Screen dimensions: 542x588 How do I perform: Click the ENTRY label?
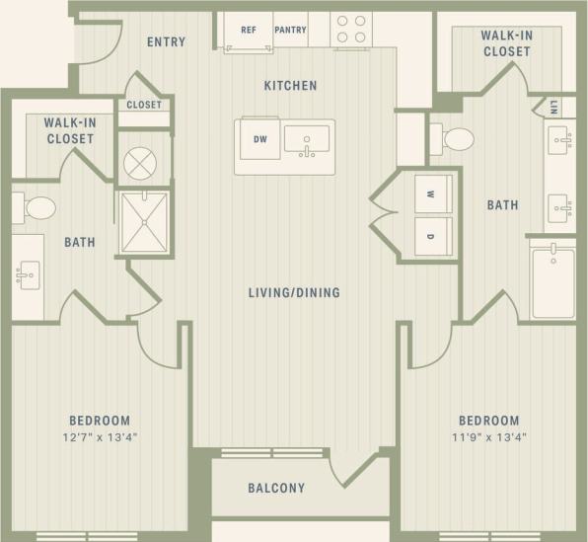pyautogui.click(x=166, y=41)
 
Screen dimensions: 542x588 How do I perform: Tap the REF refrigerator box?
pyautogui.click(x=249, y=31)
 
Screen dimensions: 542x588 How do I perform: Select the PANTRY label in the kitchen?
pyautogui.click(x=290, y=31)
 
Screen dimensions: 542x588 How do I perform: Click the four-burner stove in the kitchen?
pyautogui.click(x=350, y=29)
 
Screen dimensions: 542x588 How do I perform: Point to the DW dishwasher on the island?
pyautogui.click(x=259, y=139)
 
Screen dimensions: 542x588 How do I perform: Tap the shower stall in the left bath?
pyautogui.click(x=144, y=222)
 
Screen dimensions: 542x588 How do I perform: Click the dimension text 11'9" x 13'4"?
pyautogui.click(x=488, y=436)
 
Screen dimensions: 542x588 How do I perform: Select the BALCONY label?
pyautogui.click(x=275, y=488)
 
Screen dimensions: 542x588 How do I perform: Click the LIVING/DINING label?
pyautogui.click(x=294, y=292)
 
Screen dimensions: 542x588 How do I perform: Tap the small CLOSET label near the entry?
pyautogui.click(x=144, y=105)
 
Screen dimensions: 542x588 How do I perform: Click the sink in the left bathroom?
pyautogui.click(x=28, y=273)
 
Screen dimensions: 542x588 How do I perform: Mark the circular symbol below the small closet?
pyautogui.click(x=144, y=158)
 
